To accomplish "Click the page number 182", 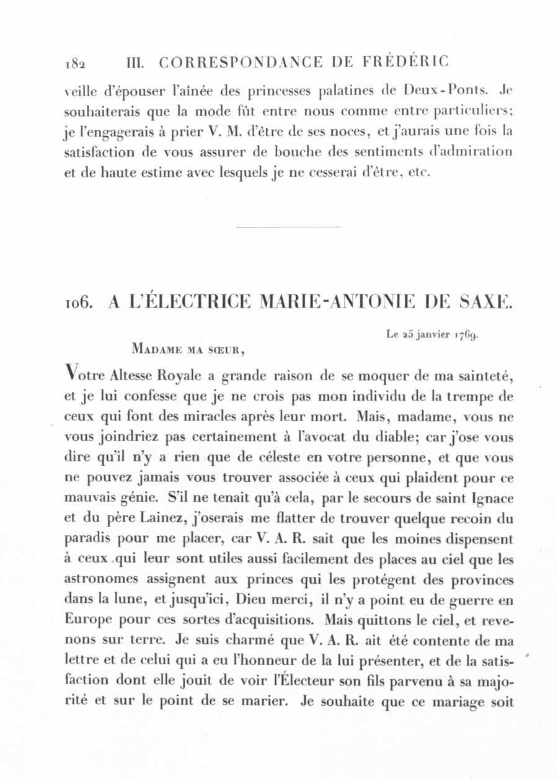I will [74, 64].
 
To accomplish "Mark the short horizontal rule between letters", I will [288, 227].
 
